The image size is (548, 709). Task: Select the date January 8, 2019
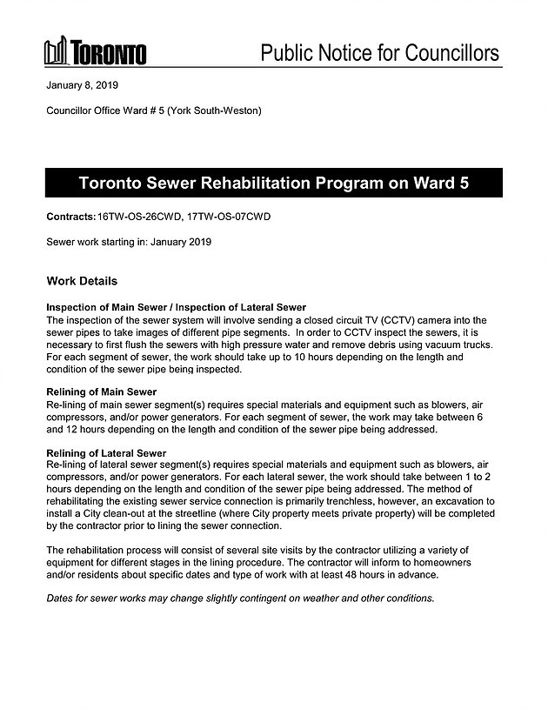82,87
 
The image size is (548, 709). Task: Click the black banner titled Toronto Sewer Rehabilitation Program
274,185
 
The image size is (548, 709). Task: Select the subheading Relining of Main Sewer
101,392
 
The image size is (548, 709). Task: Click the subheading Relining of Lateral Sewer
105,453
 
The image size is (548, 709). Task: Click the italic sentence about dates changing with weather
239,599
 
